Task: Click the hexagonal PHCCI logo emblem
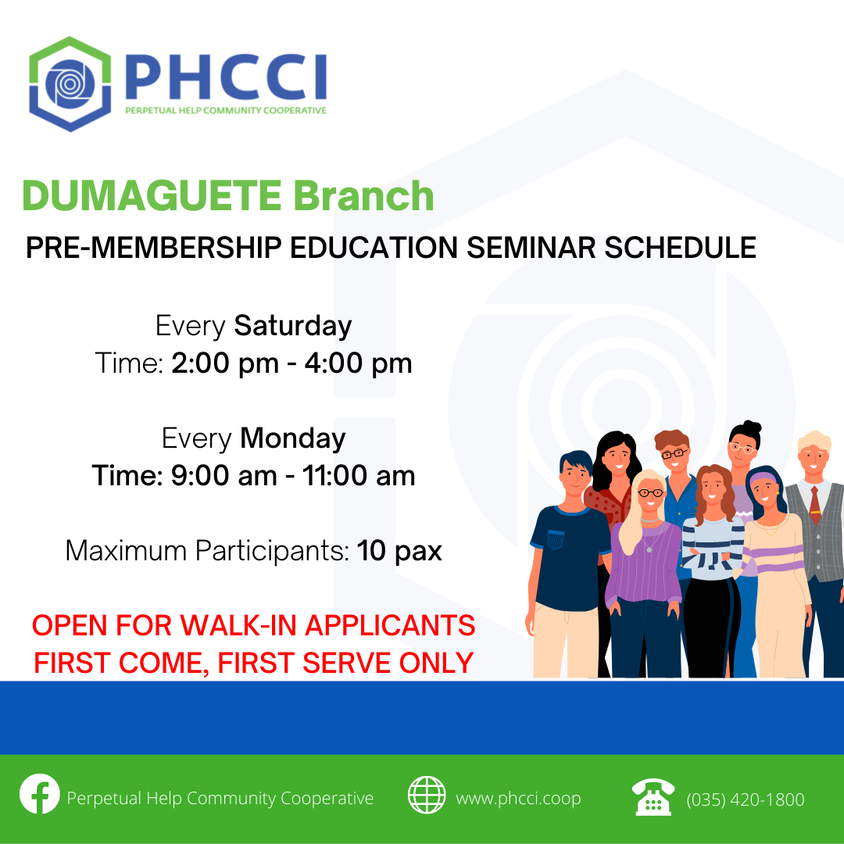point(70,84)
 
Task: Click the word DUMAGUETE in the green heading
point(152,195)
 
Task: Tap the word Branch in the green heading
point(364,195)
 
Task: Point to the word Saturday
point(293,326)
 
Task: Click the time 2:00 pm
point(225,363)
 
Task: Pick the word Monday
point(293,438)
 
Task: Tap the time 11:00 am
point(359,476)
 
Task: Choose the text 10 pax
point(399,551)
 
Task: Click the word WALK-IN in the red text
point(242,625)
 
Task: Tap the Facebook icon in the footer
point(40,794)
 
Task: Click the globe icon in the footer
point(427,795)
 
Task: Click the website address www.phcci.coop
point(518,799)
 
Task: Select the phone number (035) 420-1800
point(746,800)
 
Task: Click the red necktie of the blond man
point(815,506)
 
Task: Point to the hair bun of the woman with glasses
point(749,427)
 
